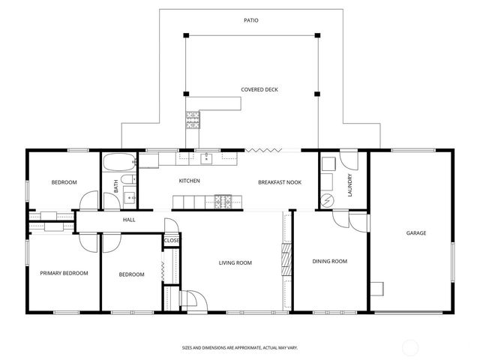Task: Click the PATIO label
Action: pos(251,20)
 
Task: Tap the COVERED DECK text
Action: pos(259,90)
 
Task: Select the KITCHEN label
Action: pos(189,181)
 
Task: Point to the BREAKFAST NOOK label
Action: pos(280,182)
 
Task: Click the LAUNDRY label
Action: pos(350,185)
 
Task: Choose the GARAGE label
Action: pos(416,233)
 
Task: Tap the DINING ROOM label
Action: pos(330,261)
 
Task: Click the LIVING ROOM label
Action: pos(235,263)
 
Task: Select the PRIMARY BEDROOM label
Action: pos(64,273)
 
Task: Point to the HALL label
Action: pos(129,220)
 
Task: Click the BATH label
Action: pos(115,187)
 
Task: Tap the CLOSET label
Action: pos(172,241)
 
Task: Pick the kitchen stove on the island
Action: pos(223,201)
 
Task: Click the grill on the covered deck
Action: pos(193,118)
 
